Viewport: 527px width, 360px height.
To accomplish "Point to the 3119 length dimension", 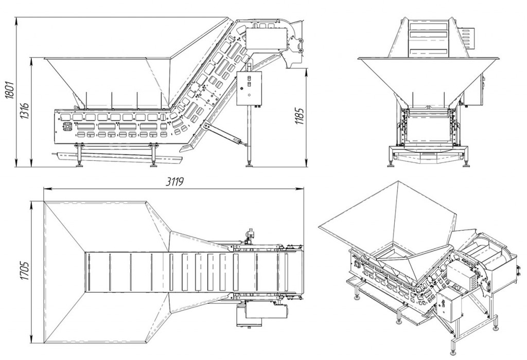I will click(174, 183).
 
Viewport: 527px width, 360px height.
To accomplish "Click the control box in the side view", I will click(250, 88).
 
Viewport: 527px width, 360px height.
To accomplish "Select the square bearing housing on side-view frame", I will click(66, 127).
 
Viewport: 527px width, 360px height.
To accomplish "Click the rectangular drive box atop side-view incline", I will click(265, 39).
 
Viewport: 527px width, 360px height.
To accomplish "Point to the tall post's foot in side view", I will click(250, 163).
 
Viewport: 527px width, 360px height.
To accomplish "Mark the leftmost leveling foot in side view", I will click(80, 163).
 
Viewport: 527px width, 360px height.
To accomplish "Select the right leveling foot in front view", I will click(467, 163).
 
